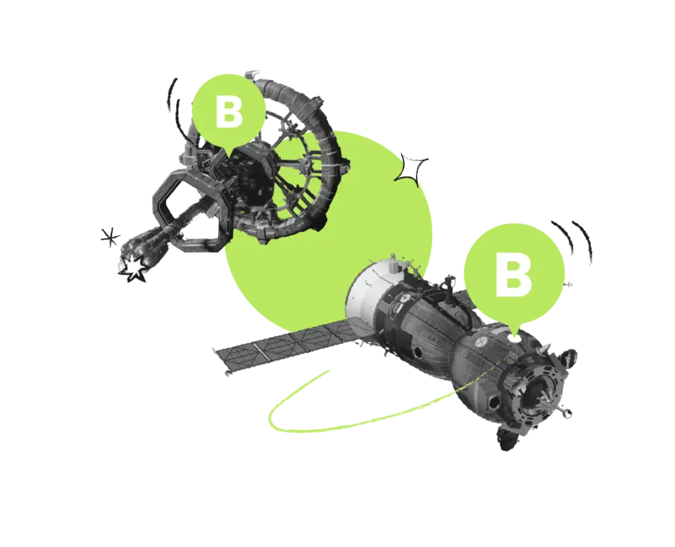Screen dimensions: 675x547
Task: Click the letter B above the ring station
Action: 229,112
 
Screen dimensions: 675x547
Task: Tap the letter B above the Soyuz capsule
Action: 514,274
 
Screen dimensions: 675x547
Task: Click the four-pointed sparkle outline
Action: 411,170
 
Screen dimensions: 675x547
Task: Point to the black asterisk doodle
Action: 110,237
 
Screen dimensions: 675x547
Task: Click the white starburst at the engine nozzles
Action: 134,268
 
